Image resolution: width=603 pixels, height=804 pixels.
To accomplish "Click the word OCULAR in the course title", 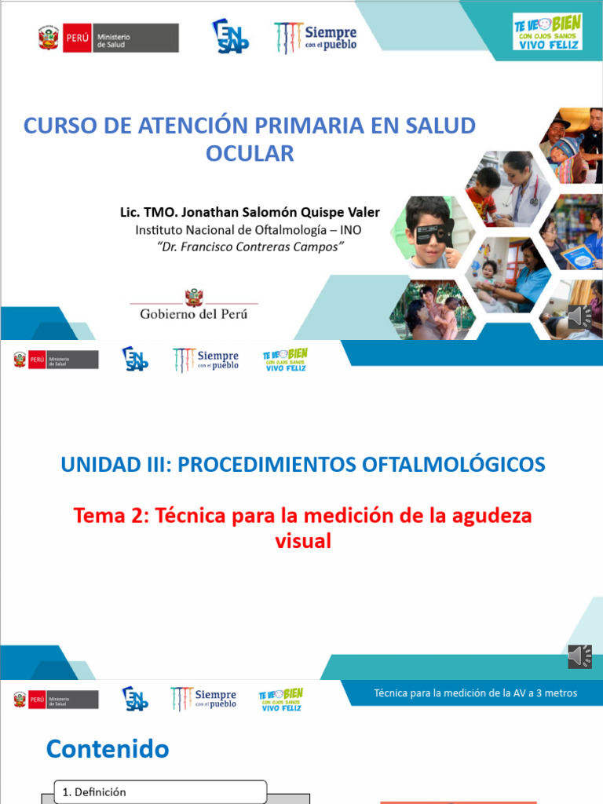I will pyautogui.click(x=250, y=153).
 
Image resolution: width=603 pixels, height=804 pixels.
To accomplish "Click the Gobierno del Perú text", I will pyautogui.click(x=193, y=313).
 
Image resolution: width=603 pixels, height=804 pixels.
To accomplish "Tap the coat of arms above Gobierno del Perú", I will pyautogui.click(x=194, y=296).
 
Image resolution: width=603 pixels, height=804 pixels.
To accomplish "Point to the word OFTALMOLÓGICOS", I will pyautogui.click(x=455, y=464).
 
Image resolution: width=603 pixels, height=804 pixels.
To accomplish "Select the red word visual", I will pyautogui.click(x=303, y=541).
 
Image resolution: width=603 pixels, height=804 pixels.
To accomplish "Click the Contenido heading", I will pyautogui.click(x=108, y=749).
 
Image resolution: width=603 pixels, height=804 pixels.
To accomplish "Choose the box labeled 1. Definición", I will pyautogui.click(x=160, y=792).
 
